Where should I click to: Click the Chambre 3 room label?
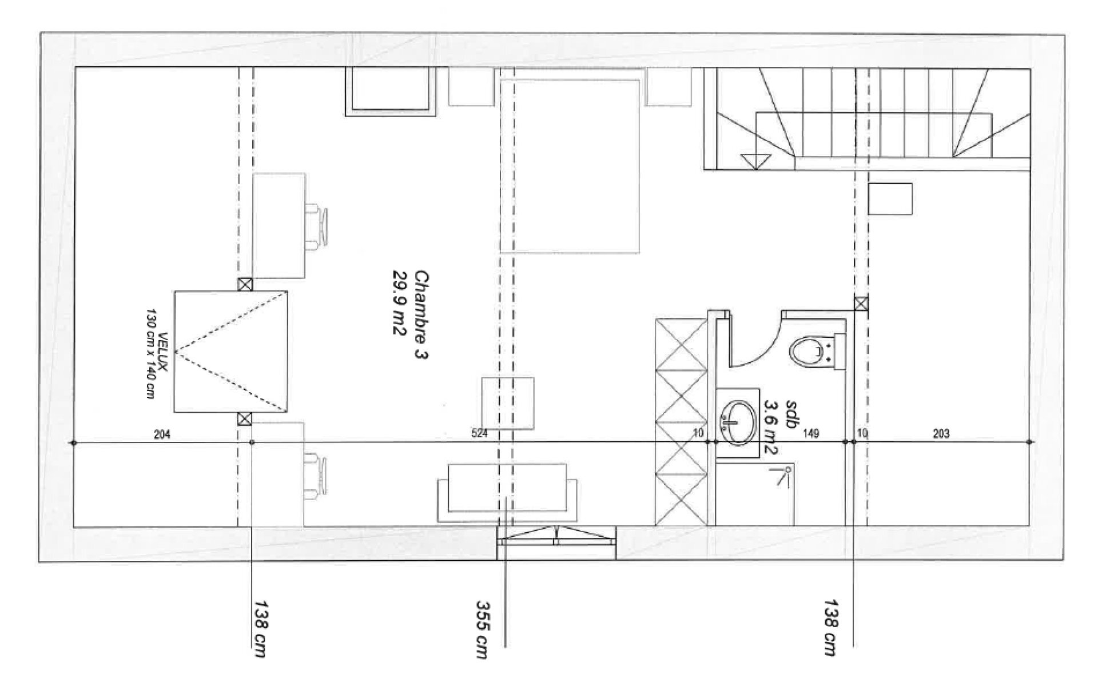point(421,315)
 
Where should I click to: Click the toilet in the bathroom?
point(805,350)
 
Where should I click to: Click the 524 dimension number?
point(479,434)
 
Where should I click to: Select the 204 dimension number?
point(162,434)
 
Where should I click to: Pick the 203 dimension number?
point(941,434)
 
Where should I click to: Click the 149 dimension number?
point(811,434)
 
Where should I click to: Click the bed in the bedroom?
point(570,166)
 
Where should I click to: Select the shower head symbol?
point(784,474)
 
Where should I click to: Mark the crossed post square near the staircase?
point(861,303)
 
